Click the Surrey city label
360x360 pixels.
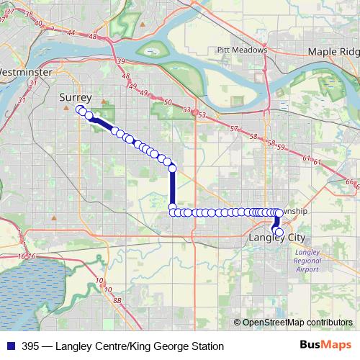pos(75,96)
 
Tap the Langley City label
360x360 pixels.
pos(276,238)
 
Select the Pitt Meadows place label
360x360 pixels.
pos(242,50)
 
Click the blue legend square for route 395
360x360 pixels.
pos(10,346)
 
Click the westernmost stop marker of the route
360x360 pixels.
pos(79,109)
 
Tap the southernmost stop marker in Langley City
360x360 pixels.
pos(279,232)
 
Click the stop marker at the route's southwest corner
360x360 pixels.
pos(173,212)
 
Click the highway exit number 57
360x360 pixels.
pos(233,127)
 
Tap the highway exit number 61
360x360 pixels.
pos(316,163)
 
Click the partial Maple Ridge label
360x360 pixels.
pos(333,52)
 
